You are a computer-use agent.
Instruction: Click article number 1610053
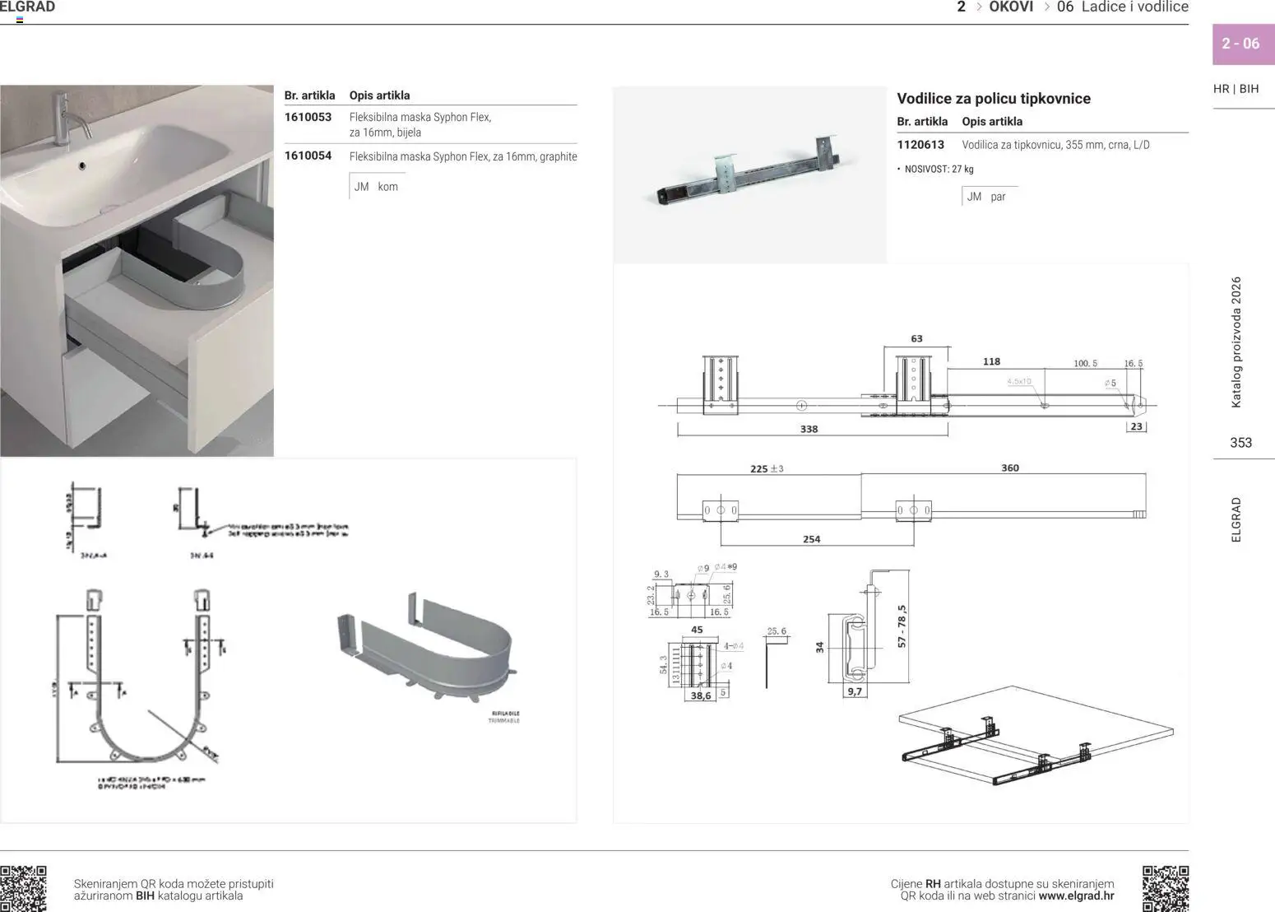click(x=308, y=117)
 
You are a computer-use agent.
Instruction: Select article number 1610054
click(x=308, y=156)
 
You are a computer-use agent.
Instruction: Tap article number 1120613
click(x=920, y=145)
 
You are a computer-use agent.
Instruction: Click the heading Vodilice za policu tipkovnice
click(x=993, y=99)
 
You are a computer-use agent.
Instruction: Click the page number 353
click(x=1240, y=443)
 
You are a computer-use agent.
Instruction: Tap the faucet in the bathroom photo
click(x=66, y=116)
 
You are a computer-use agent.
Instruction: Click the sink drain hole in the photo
click(x=81, y=165)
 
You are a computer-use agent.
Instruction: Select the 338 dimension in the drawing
click(x=809, y=430)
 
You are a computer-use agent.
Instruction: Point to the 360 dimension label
click(x=1009, y=468)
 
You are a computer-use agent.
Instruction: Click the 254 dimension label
click(x=811, y=540)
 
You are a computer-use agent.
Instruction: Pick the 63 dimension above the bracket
click(x=916, y=339)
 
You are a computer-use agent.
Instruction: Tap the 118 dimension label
click(x=991, y=361)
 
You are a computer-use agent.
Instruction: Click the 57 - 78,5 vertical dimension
click(x=902, y=626)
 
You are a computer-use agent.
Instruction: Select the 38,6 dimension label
click(x=701, y=696)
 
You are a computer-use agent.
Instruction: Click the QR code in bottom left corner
click(x=23, y=888)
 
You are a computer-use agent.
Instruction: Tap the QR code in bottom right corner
click(x=1165, y=888)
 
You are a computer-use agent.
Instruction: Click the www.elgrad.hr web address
click(x=1076, y=896)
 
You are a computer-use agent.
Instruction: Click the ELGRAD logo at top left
click(x=27, y=7)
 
